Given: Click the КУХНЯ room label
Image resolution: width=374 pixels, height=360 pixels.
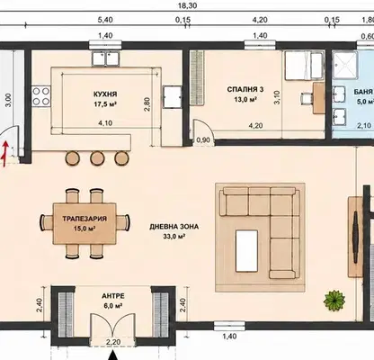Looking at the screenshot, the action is (x=105, y=94).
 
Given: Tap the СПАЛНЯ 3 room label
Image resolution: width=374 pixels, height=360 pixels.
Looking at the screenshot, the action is (x=245, y=89).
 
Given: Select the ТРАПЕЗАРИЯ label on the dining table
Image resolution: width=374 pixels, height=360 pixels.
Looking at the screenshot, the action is (x=85, y=219).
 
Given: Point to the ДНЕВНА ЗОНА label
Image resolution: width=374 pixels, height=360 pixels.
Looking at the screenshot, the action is (x=174, y=227).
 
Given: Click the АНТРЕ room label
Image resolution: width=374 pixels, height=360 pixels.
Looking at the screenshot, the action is (x=113, y=296).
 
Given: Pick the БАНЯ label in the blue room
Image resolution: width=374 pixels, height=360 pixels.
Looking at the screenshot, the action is (x=363, y=92).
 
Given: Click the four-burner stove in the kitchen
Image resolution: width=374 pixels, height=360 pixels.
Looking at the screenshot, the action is (x=41, y=96).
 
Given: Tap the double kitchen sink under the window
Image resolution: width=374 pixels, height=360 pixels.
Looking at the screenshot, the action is (x=105, y=58).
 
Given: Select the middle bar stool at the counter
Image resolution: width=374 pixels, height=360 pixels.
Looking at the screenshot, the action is (x=97, y=157).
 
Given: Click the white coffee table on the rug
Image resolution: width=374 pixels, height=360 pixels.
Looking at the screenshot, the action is (x=246, y=251).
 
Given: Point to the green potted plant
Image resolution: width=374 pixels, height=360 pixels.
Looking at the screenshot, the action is (x=334, y=300).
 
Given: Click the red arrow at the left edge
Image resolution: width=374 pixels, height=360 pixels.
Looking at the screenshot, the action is (x=5, y=154).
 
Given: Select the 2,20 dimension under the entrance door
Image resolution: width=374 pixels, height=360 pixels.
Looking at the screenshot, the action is (x=113, y=342).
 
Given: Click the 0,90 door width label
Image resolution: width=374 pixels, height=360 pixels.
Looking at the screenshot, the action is (x=203, y=140).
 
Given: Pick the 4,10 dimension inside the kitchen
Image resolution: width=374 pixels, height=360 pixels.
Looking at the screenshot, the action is (x=105, y=123).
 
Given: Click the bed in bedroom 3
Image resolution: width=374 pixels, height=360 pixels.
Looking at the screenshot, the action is (x=303, y=66).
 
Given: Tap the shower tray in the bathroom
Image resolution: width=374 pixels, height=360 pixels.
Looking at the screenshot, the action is (x=345, y=66).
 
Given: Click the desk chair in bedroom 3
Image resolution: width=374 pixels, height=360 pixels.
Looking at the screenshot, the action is (x=307, y=98).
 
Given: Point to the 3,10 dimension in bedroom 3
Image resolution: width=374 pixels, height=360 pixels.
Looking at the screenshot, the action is (x=277, y=97).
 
